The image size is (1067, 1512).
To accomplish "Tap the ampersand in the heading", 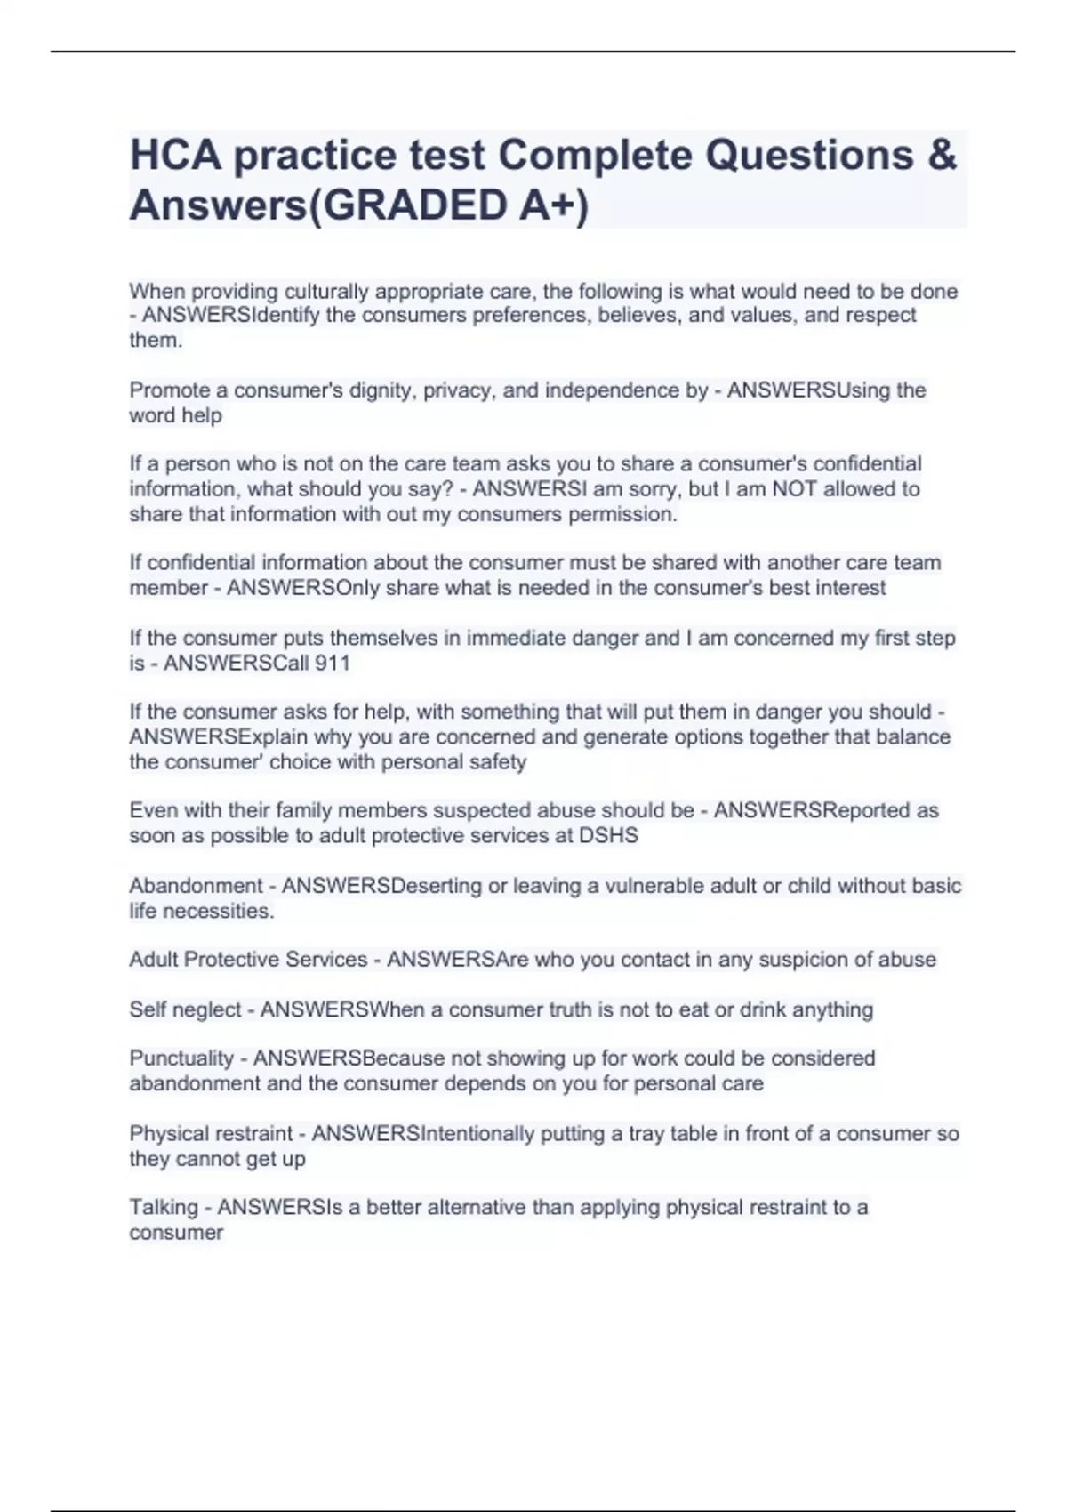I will coord(942,155).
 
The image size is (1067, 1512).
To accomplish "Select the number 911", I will coord(332,663).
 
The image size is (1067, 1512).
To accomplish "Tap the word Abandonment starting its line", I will coord(196,886).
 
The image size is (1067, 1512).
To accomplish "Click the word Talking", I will coord(164,1207).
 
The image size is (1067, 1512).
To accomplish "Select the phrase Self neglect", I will coord(185,1009).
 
